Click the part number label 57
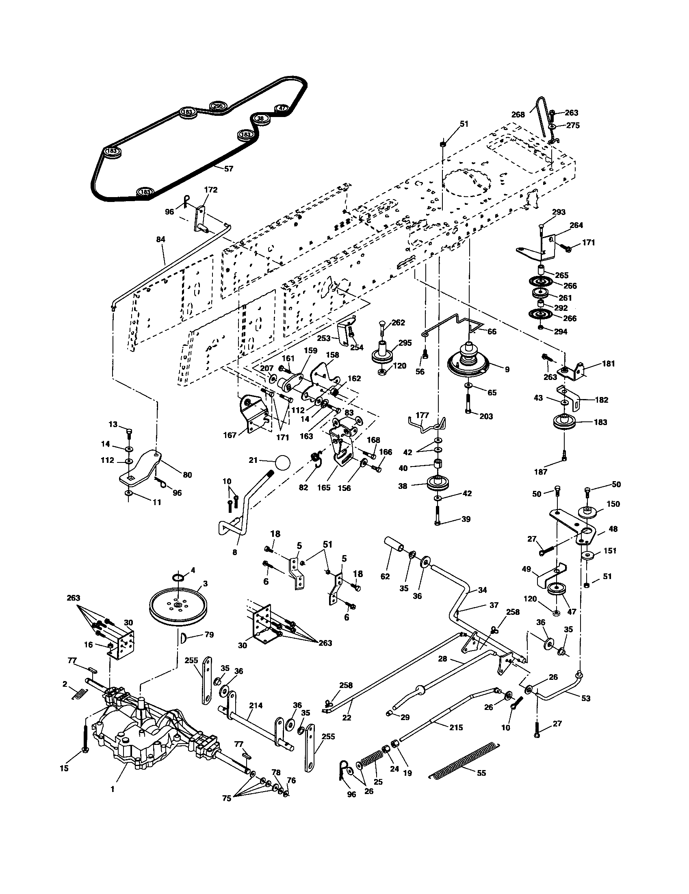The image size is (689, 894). [228, 168]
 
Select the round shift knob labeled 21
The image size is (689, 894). [282, 462]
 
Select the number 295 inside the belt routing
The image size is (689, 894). [218, 106]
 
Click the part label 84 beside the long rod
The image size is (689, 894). [161, 239]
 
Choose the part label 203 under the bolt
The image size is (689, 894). [485, 416]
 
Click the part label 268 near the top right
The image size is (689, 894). [518, 115]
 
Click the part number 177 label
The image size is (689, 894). [422, 415]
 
